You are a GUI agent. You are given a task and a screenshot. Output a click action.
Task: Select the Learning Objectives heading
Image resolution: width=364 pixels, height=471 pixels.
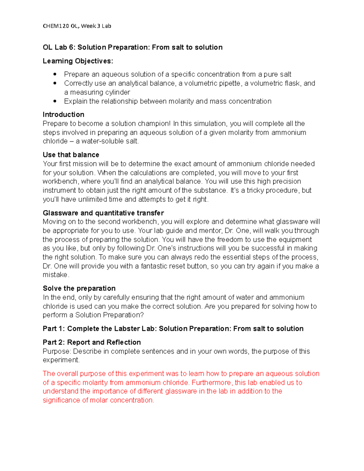click(78, 61)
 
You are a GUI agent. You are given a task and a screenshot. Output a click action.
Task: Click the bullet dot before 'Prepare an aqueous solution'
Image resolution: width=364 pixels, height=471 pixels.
click(55, 74)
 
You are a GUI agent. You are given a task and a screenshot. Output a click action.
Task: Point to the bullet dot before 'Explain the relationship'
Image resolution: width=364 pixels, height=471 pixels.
click(55, 101)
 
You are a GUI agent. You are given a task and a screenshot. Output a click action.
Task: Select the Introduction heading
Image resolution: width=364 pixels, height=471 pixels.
click(63, 115)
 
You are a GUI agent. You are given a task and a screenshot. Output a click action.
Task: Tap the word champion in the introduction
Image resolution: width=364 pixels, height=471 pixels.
click(154, 124)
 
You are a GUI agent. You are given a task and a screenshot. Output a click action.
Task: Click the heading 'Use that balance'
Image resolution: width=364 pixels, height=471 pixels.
click(71, 155)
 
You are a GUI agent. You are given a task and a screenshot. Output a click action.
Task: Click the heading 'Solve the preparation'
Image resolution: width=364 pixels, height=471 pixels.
click(79, 288)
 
